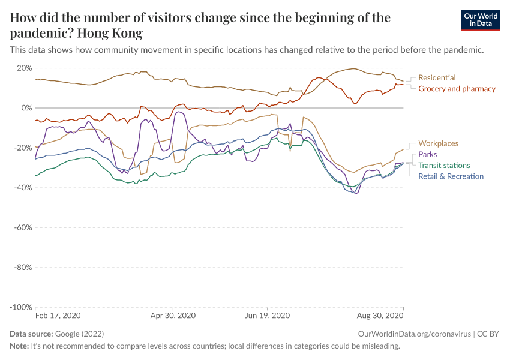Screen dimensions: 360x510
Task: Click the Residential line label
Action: click(x=437, y=78)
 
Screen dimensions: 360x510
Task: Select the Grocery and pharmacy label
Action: click(x=457, y=89)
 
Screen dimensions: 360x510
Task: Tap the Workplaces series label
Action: click(x=438, y=143)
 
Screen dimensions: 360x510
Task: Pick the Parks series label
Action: click(x=428, y=155)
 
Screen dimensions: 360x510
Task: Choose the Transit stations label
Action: click(x=444, y=166)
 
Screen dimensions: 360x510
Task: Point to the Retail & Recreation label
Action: click(x=451, y=176)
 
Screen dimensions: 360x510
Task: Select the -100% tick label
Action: click(x=21, y=307)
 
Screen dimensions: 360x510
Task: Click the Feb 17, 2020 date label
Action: click(x=58, y=315)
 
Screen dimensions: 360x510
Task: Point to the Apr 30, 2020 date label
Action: click(x=173, y=315)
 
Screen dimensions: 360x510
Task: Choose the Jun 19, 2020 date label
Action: click(x=268, y=315)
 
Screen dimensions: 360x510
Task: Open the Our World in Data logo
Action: click(x=481, y=20)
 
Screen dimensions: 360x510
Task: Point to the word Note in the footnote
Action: click(x=19, y=346)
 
